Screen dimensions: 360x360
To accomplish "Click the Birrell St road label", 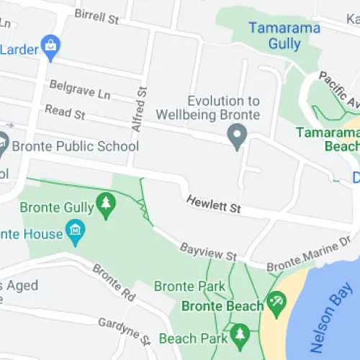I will click(x=96, y=17).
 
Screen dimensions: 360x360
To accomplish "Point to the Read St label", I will click(x=64, y=112).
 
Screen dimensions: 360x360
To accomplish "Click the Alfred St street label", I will click(x=140, y=109).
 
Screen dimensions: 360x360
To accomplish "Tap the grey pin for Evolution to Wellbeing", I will click(x=237, y=135).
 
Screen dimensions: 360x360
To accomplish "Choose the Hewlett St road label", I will click(x=213, y=204).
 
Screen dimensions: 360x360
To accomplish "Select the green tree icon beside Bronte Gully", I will click(x=107, y=204).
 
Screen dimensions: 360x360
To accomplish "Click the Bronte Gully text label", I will click(x=57, y=208).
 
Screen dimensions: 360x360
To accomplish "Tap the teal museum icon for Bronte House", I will click(x=75, y=231).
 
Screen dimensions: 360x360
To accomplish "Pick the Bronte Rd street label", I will click(x=114, y=282).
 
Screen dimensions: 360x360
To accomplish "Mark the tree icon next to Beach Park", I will click(x=240, y=334).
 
